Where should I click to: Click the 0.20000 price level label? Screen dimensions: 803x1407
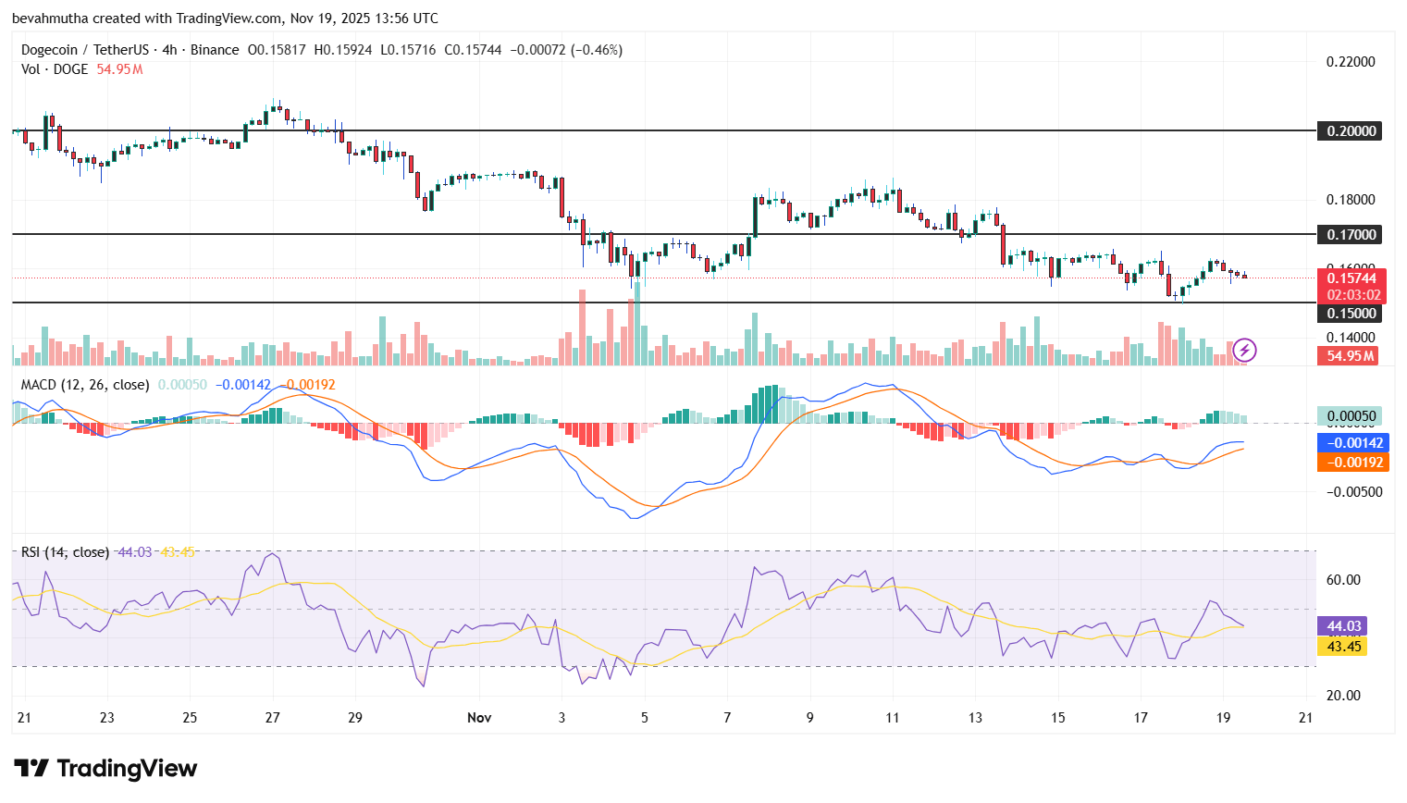(x=1351, y=130)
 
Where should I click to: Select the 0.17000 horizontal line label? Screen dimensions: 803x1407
(x=1351, y=234)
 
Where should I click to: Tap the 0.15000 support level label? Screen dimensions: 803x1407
(x=1351, y=314)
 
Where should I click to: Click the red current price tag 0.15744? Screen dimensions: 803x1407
(x=1351, y=278)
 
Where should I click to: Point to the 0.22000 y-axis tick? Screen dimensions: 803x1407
(x=1351, y=62)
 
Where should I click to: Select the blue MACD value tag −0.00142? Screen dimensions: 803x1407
(x=1352, y=443)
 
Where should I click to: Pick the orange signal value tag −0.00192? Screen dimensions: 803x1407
(x=1352, y=463)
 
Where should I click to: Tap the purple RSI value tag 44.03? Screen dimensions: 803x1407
(x=1343, y=626)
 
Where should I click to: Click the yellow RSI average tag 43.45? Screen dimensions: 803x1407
(x=1343, y=647)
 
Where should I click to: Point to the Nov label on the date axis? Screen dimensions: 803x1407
(x=479, y=718)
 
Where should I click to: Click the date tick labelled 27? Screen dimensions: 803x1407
(x=272, y=718)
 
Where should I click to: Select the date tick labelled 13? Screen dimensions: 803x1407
(x=975, y=718)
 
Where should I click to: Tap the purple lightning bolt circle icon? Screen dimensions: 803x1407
(x=1244, y=350)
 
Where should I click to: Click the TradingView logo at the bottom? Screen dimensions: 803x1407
(x=105, y=769)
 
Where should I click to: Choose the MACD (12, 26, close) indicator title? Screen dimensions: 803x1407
(x=85, y=385)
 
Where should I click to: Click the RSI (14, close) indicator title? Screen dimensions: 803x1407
(x=65, y=552)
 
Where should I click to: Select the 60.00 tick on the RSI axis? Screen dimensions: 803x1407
(x=1343, y=580)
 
